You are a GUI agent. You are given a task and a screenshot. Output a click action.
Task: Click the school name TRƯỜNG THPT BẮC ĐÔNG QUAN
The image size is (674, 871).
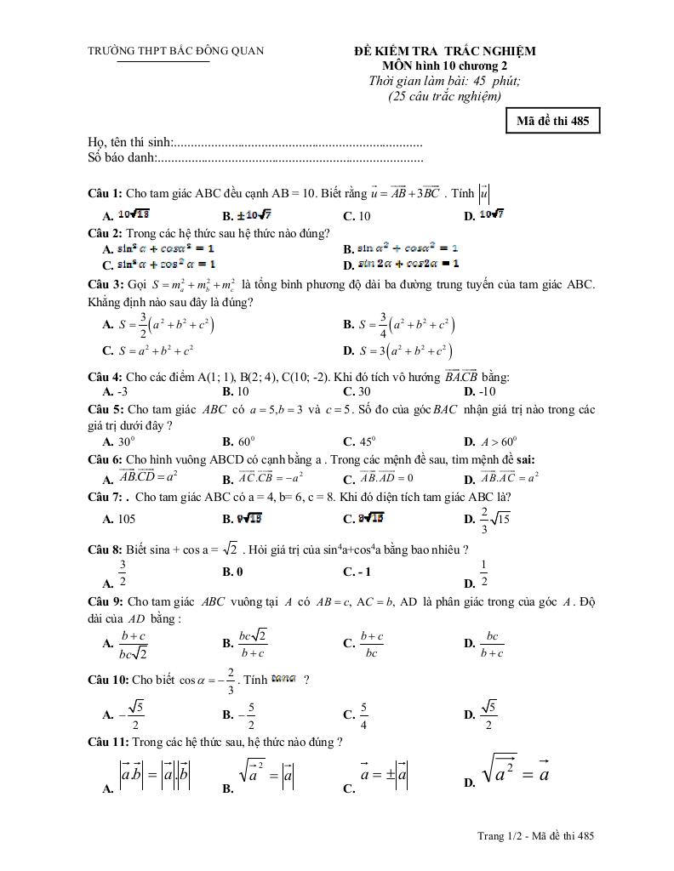click(x=176, y=51)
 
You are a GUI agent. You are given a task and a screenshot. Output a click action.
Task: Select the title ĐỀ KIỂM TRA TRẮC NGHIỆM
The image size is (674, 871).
click(x=445, y=51)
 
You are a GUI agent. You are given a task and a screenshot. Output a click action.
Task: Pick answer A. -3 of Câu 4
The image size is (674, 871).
click(x=115, y=392)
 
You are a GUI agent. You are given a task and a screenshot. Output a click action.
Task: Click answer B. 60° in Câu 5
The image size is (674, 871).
click(x=238, y=441)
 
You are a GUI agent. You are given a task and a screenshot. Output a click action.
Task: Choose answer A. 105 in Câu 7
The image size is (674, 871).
click(x=118, y=518)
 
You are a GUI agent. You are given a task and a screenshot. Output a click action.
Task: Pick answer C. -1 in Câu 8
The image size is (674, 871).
click(x=357, y=572)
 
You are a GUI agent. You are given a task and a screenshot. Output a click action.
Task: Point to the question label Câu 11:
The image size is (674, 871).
click(x=109, y=742)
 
